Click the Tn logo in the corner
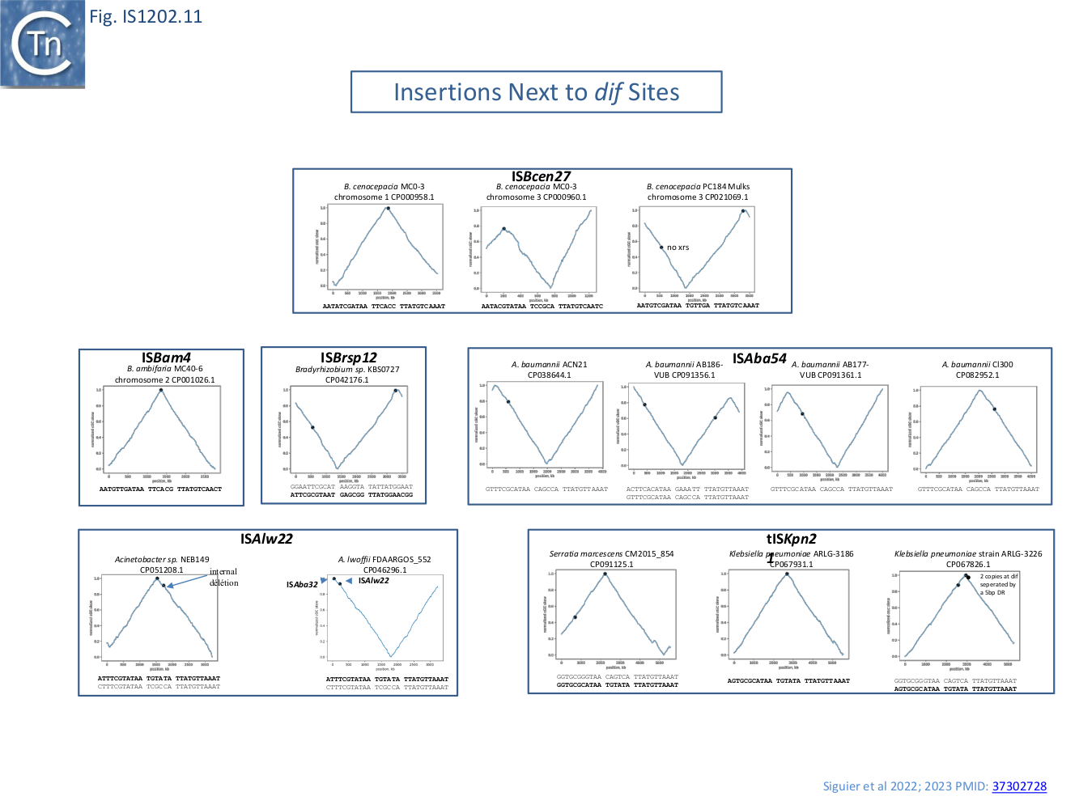coord(42,44)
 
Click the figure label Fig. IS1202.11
coord(146,16)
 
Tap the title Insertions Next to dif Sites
coord(536,92)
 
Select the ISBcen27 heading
coord(541,176)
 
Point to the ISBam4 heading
coord(166,358)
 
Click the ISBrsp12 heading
coord(348,358)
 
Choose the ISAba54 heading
coord(759,358)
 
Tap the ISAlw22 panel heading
coord(266,539)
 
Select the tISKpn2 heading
coord(791,539)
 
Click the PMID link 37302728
coord(1019,786)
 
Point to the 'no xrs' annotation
coord(678,248)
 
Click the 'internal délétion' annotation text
coord(223,577)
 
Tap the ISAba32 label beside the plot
coord(302,584)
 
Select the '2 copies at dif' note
coord(999,576)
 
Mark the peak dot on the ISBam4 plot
coord(161,390)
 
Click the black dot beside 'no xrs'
coord(661,248)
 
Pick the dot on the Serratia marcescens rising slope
coord(575,617)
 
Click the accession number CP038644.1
coord(549,375)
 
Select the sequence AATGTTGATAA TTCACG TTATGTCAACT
coord(160,489)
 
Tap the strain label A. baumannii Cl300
coord(977,365)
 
